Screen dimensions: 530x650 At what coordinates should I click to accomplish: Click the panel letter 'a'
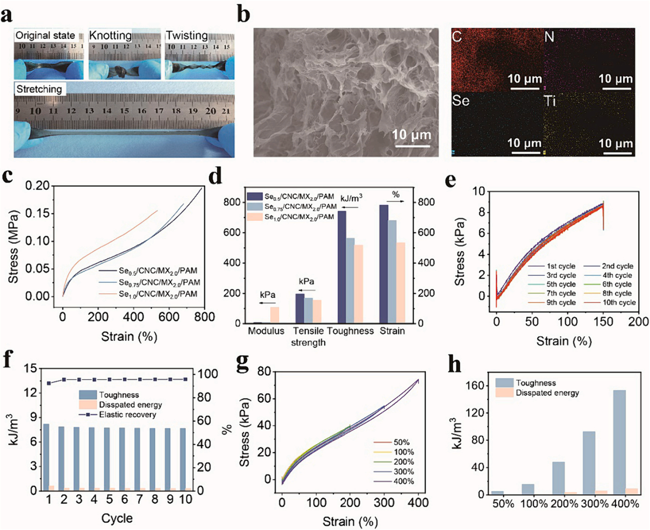(7, 15)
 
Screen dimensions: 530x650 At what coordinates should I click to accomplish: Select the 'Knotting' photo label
(110, 35)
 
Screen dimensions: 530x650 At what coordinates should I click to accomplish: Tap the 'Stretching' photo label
(39, 89)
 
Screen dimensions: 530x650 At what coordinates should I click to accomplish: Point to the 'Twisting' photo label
(187, 35)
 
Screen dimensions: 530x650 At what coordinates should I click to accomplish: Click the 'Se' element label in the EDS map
(461, 100)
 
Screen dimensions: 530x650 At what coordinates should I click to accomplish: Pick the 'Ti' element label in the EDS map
(550, 101)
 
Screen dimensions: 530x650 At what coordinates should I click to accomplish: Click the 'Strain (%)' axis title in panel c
(129, 337)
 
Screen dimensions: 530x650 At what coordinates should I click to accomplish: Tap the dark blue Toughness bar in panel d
(342, 267)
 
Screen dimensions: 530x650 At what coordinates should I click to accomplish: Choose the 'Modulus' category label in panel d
(266, 331)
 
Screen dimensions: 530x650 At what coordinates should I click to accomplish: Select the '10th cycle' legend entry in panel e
(619, 302)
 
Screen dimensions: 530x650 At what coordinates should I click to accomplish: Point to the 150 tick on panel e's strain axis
(603, 322)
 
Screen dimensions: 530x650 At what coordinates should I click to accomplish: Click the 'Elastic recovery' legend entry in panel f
(127, 415)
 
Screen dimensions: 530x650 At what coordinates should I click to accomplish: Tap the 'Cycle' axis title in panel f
(117, 518)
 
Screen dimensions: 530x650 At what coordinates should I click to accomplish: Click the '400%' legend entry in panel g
(403, 481)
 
